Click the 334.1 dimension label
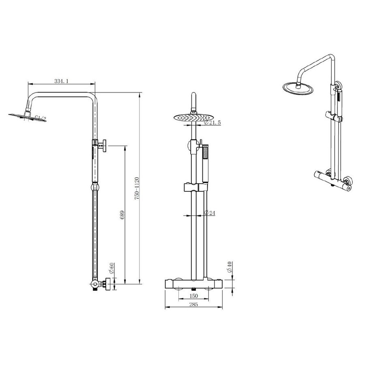point(61,82)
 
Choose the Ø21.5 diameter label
point(213,122)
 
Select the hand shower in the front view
point(205,160)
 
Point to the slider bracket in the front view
point(195,188)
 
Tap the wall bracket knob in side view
point(104,144)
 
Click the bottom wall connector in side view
point(106,284)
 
